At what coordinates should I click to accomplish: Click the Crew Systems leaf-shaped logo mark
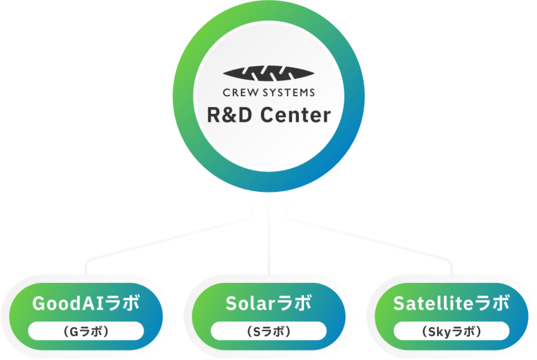pos(268,73)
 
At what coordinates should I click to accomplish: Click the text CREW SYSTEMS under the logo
pos(268,93)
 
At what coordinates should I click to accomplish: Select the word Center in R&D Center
pos(296,115)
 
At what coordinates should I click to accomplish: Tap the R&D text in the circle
pos(229,115)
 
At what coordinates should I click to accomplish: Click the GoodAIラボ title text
pos(86,304)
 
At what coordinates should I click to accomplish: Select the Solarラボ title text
pos(268,304)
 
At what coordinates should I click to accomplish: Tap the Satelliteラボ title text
pos(451,304)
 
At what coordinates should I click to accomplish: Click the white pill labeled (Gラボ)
pos(86,331)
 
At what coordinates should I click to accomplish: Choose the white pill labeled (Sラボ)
pos(268,331)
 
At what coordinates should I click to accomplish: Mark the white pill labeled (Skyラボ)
pos(451,331)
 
